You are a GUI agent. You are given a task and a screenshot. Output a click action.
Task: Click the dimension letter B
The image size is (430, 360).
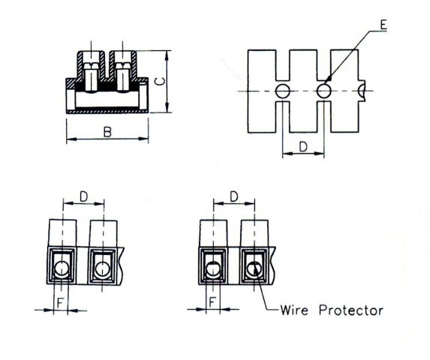point(107,132)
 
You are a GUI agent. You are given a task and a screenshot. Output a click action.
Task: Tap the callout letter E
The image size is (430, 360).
point(383,25)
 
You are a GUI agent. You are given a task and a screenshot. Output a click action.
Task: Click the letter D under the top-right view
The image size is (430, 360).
point(303,147)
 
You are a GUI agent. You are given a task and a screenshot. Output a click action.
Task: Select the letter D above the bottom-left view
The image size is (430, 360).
point(83,196)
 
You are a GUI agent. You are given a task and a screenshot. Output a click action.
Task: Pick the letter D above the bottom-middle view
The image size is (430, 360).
point(234,196)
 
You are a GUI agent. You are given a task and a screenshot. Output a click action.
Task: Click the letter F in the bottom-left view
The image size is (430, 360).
point(60,303)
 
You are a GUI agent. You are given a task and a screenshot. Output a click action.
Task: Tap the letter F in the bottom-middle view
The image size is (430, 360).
point(212,302)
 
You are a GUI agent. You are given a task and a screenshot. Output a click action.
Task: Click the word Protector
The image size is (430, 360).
point(351,310)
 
